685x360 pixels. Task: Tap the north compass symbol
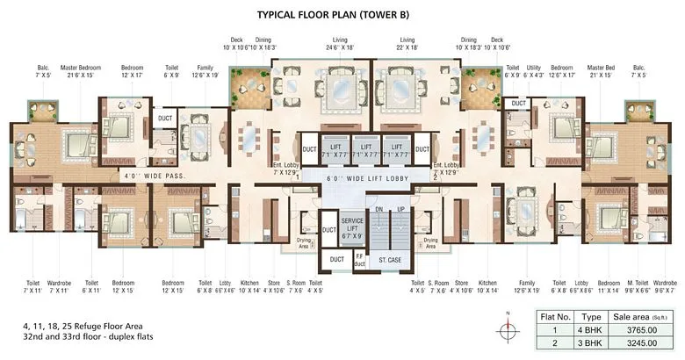508,330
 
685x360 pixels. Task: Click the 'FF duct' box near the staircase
358,260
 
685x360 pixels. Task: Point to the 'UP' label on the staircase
400,210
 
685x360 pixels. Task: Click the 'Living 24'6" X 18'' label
340,44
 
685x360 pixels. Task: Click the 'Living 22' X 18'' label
407,44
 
